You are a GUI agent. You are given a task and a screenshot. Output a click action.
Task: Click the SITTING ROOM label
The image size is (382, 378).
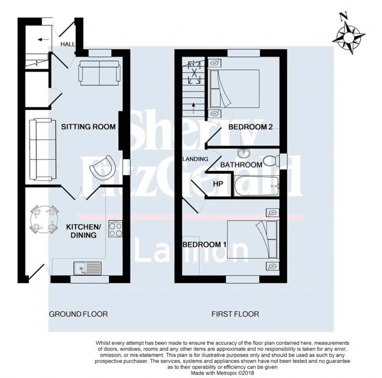coord(88,127)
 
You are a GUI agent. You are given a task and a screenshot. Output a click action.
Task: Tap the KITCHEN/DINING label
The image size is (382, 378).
coord(84,231)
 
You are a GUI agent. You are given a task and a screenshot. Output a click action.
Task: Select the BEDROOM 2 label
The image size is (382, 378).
coord(251,127)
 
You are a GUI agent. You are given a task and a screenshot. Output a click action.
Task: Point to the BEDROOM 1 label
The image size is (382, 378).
coord(204,245)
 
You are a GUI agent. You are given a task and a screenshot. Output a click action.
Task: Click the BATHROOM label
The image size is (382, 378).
coord(241,165)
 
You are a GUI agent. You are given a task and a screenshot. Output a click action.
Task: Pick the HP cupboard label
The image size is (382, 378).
coord(218,184)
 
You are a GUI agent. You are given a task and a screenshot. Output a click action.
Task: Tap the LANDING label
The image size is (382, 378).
coord(195,159)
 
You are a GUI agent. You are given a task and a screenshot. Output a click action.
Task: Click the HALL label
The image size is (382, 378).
coord(68,44)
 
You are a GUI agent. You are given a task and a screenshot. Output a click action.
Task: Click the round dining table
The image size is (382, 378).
coord(44,220)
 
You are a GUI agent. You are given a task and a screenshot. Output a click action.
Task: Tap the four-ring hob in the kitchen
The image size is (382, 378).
coord(115,229)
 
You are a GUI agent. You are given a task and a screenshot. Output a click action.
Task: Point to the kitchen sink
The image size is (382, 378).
coord(87,269)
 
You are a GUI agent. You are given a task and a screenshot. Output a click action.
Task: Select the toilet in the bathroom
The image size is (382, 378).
coord(271,161)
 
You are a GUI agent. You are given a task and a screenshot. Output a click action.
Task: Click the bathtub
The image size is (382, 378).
coord(256,186)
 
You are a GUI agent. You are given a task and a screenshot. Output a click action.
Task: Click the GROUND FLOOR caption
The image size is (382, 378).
coord(78,314)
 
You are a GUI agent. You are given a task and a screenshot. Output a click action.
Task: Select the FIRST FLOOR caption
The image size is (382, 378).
coord(235,314)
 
